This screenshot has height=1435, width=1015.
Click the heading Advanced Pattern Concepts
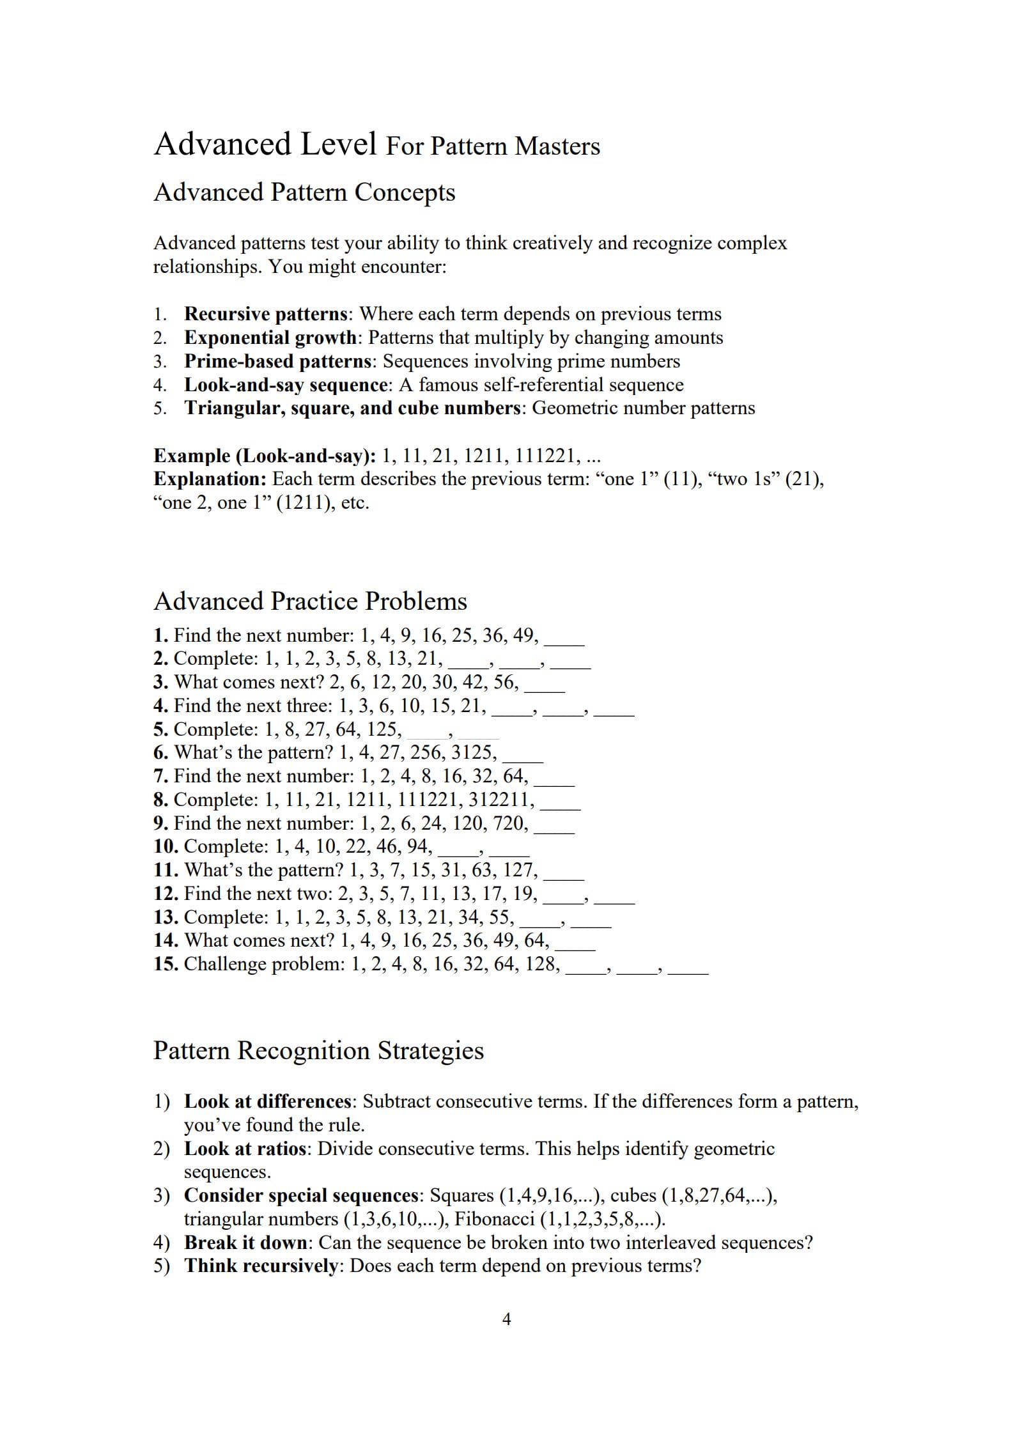304,192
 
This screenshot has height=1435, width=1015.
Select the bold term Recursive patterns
265,314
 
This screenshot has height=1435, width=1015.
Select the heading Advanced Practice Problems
310,601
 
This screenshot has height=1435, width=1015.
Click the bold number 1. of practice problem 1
161,635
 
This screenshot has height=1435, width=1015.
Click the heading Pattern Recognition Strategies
318,1051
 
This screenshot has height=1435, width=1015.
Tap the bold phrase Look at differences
268,1101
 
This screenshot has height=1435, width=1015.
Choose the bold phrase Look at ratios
245,1149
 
